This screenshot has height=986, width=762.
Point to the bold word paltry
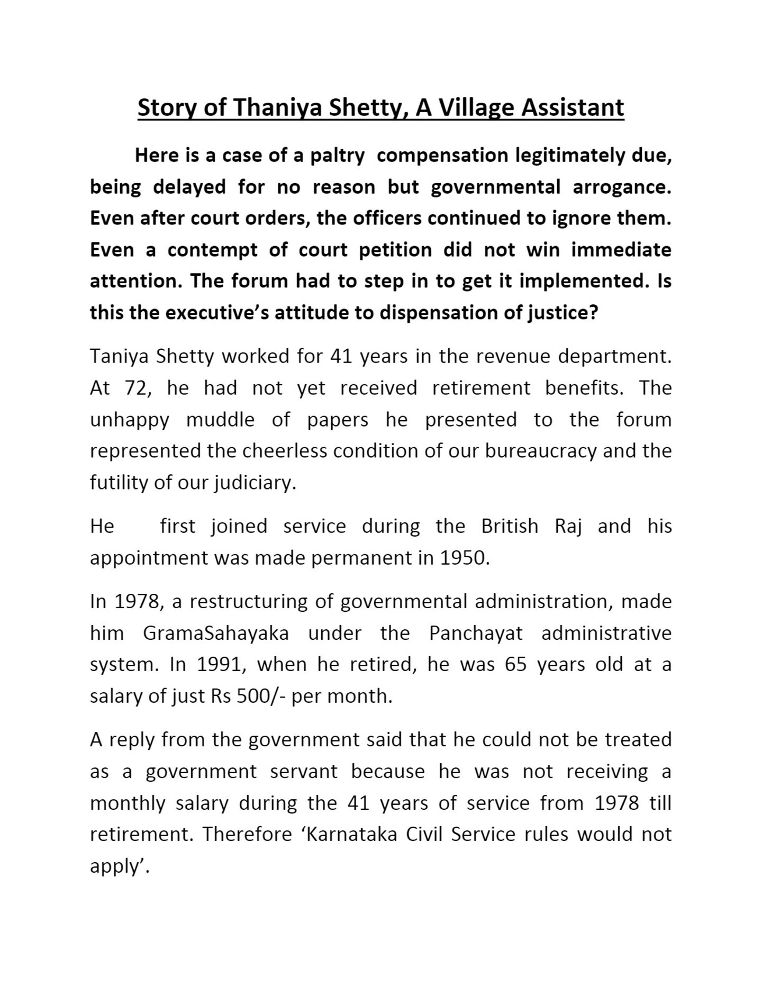(x=337, y=156)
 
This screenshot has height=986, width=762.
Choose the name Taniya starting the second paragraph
(x=120, y=357)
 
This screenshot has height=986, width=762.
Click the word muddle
(x=220, y=420)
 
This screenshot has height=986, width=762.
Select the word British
(x=510, y=527)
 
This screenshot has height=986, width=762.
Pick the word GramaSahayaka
(x=216, y=634)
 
